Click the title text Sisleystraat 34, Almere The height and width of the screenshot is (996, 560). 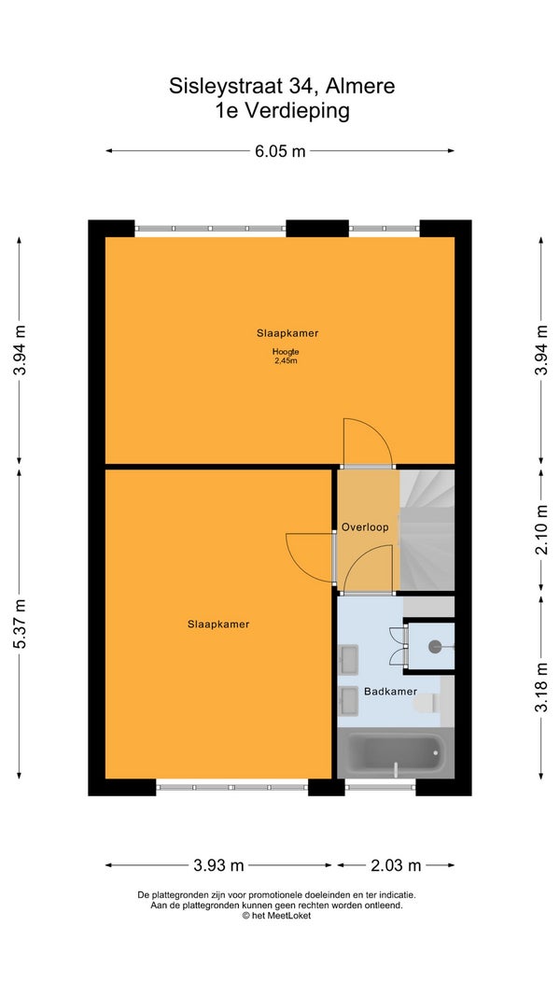click(282, 86)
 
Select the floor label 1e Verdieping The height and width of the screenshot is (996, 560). click(282, 111)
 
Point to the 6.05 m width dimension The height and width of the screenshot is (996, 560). click(280, 151)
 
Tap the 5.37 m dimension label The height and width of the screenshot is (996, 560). click(21, 624)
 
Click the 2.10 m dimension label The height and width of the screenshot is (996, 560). click(541, 529)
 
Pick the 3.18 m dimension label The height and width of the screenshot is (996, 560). click(541, 687)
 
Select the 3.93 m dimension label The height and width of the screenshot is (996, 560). click(218, 865)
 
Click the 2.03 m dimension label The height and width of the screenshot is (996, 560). click(396, 865)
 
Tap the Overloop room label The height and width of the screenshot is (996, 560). click(364, 527)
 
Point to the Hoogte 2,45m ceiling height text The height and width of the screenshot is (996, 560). click(286, 357)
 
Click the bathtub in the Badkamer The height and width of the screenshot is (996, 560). click(396, 754)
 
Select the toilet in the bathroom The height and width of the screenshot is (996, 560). click(426, 703)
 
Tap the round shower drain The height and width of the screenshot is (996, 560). click(435, 647)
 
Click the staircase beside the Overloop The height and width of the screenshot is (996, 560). click(427, 530)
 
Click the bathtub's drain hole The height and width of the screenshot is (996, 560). click(436, 752)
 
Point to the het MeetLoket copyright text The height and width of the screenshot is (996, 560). click(277, 916)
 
